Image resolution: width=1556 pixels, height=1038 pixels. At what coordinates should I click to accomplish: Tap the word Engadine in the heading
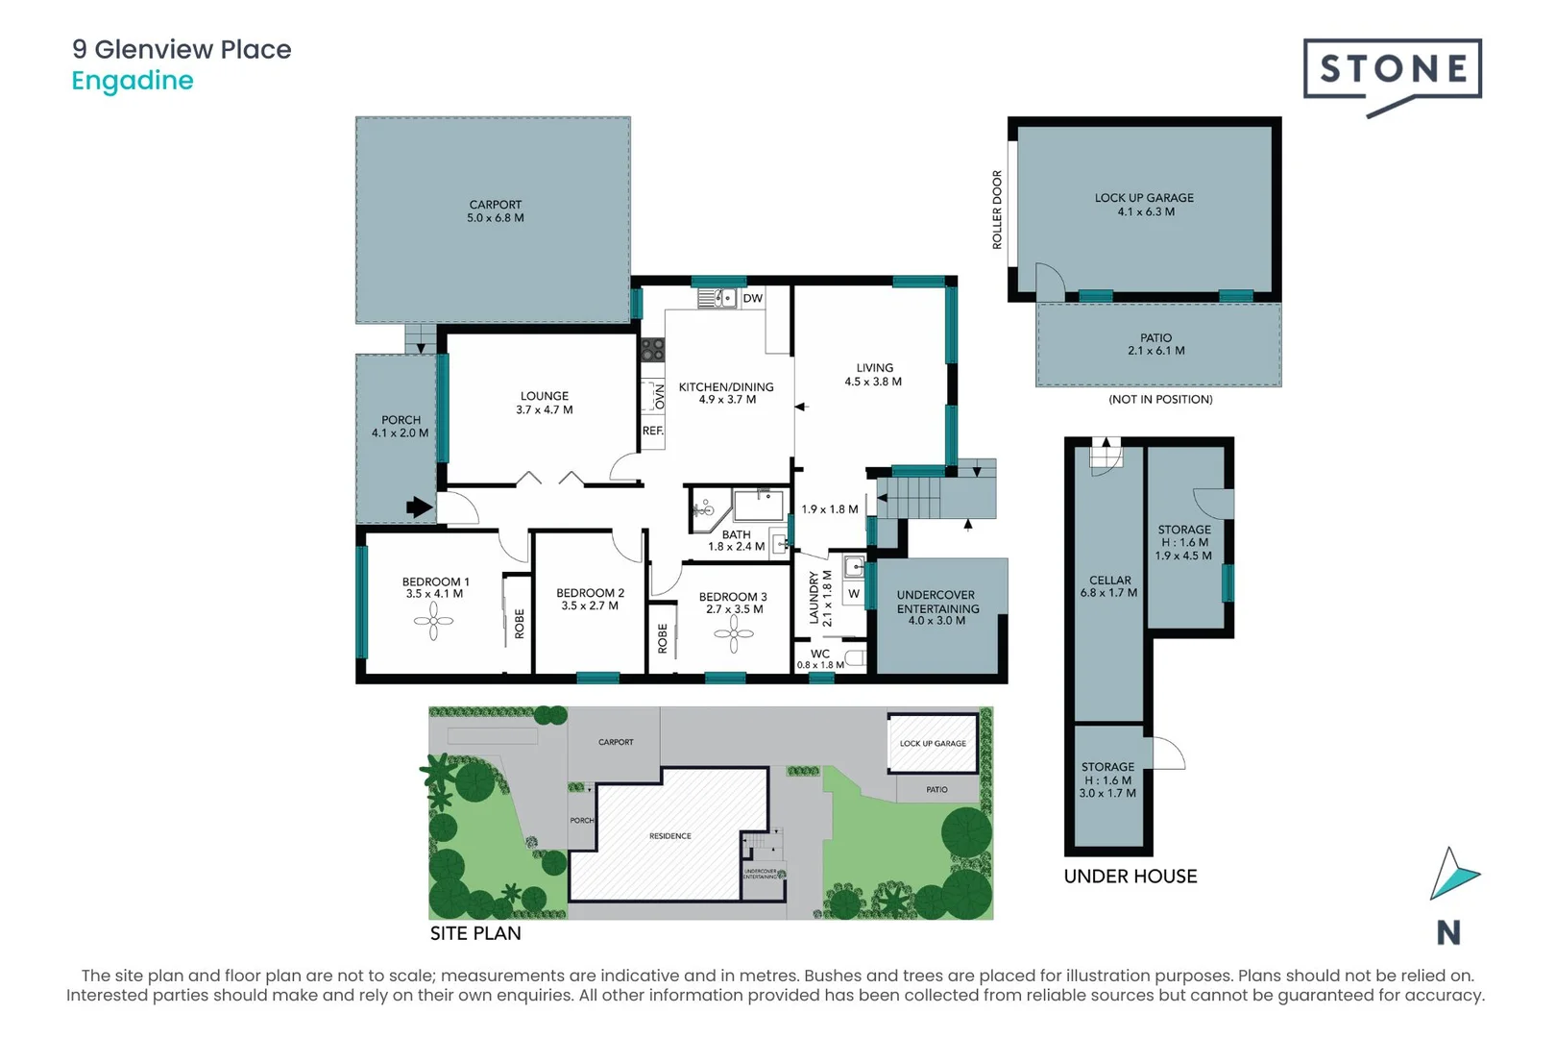point(133,81)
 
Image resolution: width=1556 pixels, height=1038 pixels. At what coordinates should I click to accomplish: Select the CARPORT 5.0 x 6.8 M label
point(496,211)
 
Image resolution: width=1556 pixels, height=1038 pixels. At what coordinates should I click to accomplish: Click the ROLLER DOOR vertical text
point(997,210)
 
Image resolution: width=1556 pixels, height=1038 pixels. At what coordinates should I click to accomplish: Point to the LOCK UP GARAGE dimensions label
point(1145,205)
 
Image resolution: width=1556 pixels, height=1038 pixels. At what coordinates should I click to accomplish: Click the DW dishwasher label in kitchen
point(752,298)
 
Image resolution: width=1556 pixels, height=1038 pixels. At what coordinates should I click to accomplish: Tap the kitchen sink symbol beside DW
point(717,298)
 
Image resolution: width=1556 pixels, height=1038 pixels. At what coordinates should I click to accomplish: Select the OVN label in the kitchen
point(659,396)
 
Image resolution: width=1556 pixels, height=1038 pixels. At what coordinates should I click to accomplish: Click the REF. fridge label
point(653,431)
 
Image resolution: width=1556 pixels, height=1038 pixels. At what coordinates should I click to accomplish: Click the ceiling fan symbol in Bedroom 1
point(433,621)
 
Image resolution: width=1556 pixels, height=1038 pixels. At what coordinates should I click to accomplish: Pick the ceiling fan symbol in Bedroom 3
point(734,633)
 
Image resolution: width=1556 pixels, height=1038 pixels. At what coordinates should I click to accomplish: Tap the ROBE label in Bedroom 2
point(663,638)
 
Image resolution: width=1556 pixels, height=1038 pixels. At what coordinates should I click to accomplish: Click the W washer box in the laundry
point(853,594)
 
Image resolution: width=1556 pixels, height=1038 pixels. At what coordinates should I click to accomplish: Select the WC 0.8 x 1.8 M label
point(820,659)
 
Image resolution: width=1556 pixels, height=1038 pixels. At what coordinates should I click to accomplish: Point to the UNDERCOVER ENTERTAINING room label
point(937,607)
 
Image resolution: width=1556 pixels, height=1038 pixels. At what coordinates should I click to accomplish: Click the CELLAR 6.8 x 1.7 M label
point(1109,586)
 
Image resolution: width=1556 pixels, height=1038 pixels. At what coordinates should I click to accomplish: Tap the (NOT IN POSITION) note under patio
point(1160,399)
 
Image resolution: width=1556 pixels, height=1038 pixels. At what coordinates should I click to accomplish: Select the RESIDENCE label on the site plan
point(669,836)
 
